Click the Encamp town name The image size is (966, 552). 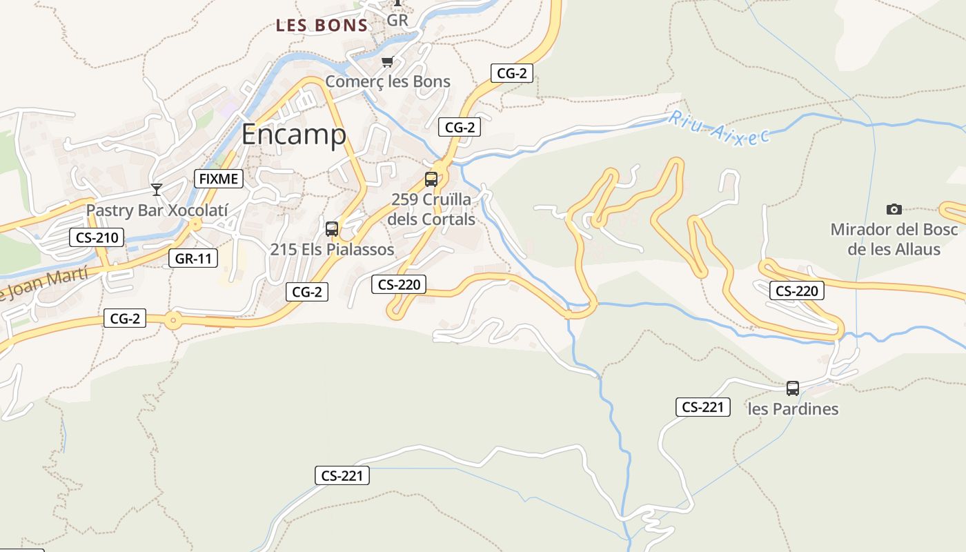(293, 135)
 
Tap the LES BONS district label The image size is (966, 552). (322, 26)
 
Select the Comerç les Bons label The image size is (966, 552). (387, 81)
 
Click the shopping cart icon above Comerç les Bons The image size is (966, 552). (387, 62)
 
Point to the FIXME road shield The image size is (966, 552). (219, 179)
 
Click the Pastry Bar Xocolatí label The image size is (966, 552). (157, 210)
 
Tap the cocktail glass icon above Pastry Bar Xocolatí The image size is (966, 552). (157, 189)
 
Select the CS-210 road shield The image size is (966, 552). (97, 238)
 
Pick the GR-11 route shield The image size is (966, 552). (193, 259)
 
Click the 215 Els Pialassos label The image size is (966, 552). (332, 249)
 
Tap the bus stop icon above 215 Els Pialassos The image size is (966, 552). (332, 228)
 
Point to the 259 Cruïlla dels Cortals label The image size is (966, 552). (431, 209)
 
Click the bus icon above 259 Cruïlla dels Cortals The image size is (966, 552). (431, 179)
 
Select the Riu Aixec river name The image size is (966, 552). (718, 128)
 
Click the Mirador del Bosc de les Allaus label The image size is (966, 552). (894, 239)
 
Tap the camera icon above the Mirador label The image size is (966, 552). (894, 209)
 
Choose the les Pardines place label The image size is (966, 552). (793, 409)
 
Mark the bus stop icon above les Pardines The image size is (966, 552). (793, 388)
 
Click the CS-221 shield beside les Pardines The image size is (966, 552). (702, 407)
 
